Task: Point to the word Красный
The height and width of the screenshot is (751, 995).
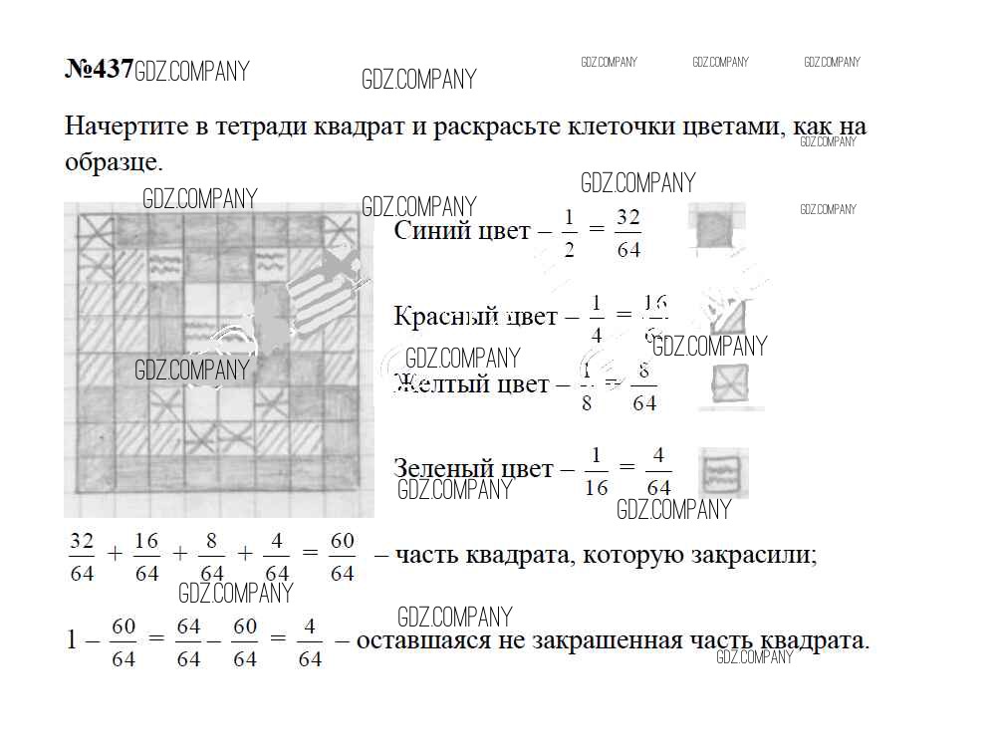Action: pos(445,317)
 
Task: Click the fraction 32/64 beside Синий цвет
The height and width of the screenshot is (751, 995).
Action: pos(627,233)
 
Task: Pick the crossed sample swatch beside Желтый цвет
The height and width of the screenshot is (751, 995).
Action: pos(730,384)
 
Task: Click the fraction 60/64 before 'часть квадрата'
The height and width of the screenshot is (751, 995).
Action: pos(342,557)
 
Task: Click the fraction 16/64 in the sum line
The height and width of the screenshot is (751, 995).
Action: pos(146,557)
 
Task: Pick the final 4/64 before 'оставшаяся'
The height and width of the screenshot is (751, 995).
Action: pos(310,642)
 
